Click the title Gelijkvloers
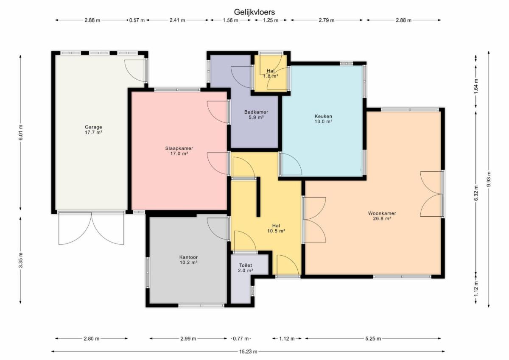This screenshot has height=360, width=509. coord(254,12)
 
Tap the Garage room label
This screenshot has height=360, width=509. coord(93,130)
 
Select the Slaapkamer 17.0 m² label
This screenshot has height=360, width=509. coord(179,151)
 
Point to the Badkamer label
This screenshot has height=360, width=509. coord(256,114)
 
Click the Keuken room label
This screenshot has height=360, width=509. coord(323,119)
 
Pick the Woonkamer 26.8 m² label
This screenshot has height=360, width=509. coord(382,216)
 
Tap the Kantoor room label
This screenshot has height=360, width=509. coord(188,260)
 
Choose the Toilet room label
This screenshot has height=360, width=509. coord(246,268)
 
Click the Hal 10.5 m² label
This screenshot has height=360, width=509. coord(276,228)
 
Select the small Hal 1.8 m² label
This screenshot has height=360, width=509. coord(271,73)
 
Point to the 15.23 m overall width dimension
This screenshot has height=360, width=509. coord(248,352)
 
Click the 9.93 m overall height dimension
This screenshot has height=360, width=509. coord(489,179)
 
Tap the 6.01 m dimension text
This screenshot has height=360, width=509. coord(20,132)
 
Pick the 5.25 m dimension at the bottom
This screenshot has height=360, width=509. coord(373,339)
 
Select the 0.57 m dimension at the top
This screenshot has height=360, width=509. coord(137,20)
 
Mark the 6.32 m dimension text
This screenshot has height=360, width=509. coord(476,193)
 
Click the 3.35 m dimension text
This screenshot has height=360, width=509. coord(20,260)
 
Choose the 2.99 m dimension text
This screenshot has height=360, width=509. coord(188,339)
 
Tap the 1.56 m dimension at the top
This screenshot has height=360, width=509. coord(230,20)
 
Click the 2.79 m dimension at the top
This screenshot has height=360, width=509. coord(327,20)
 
